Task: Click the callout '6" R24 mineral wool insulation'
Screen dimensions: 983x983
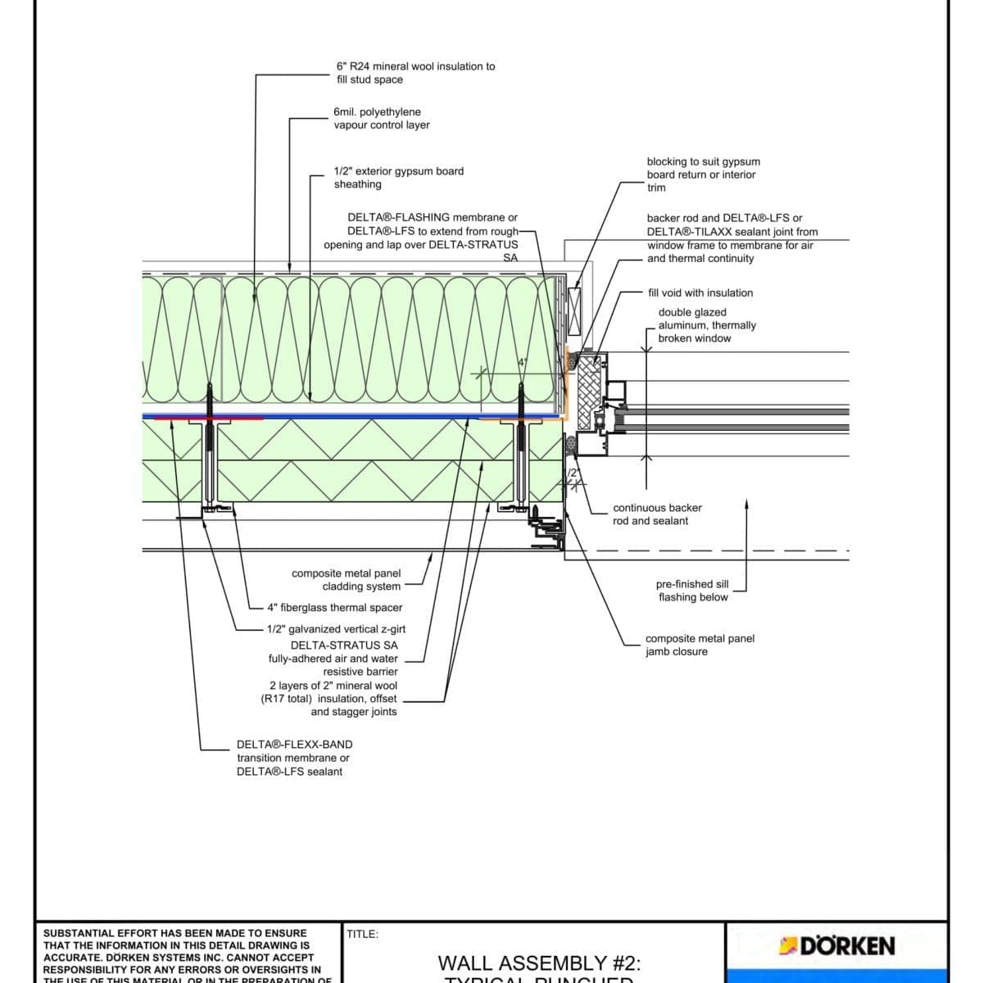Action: tap(415, 73)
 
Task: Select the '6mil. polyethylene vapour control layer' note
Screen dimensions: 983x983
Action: tap(381, 119)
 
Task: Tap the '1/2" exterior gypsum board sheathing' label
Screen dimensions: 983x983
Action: tap(398, 178)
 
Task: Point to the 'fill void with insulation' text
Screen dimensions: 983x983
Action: tap(700, 292)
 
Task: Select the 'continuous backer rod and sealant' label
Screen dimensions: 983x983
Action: tap(656, 514)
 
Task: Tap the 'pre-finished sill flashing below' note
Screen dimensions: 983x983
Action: tap(692, 591)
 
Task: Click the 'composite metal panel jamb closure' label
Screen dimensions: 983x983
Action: tap(700, 645)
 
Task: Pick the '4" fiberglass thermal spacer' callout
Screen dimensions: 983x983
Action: tap(334, 608)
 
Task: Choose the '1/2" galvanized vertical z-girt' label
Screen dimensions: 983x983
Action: tap(335, 629)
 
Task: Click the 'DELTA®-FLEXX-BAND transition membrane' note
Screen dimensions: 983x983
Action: tap(294, 758)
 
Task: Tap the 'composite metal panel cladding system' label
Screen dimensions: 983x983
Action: tap(347, 580)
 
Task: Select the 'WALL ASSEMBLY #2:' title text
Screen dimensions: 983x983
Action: tap(539, 963)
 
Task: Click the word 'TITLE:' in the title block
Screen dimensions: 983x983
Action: tap(362, 934)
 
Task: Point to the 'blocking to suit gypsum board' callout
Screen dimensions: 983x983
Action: tap(703, 174)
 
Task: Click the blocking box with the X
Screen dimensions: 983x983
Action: tap(575, 312)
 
